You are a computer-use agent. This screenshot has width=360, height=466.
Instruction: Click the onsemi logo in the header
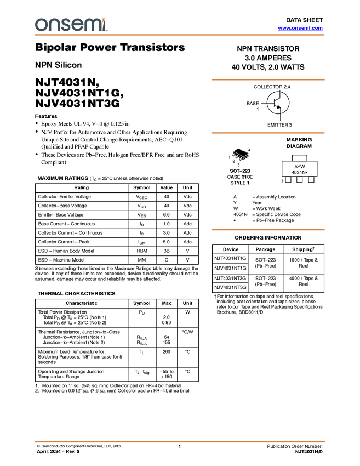[x=71, y=25]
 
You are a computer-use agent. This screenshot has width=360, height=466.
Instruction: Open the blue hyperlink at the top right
[x=300, y=28]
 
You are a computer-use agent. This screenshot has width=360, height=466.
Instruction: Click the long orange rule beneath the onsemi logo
[x=180, y=35]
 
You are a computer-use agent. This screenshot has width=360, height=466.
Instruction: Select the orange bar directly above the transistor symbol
[x=268, y=80]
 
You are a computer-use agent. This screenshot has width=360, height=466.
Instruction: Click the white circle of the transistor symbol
[x=278, y=103]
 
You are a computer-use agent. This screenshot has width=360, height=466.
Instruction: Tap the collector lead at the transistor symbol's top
[x=281, y=95]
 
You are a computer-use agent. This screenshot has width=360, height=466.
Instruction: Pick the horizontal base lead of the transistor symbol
[x=271, y=103]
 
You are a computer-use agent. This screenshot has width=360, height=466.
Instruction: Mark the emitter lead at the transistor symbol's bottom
[x=281, y=112]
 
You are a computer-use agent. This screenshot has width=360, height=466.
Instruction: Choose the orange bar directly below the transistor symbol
[x=268, y=133]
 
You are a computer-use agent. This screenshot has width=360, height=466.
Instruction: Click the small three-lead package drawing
[x=239, y=156]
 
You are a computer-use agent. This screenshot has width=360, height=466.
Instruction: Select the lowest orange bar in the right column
[x=268, y=230]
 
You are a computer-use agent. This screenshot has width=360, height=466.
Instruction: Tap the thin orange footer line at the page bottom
[x=180, y=441]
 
